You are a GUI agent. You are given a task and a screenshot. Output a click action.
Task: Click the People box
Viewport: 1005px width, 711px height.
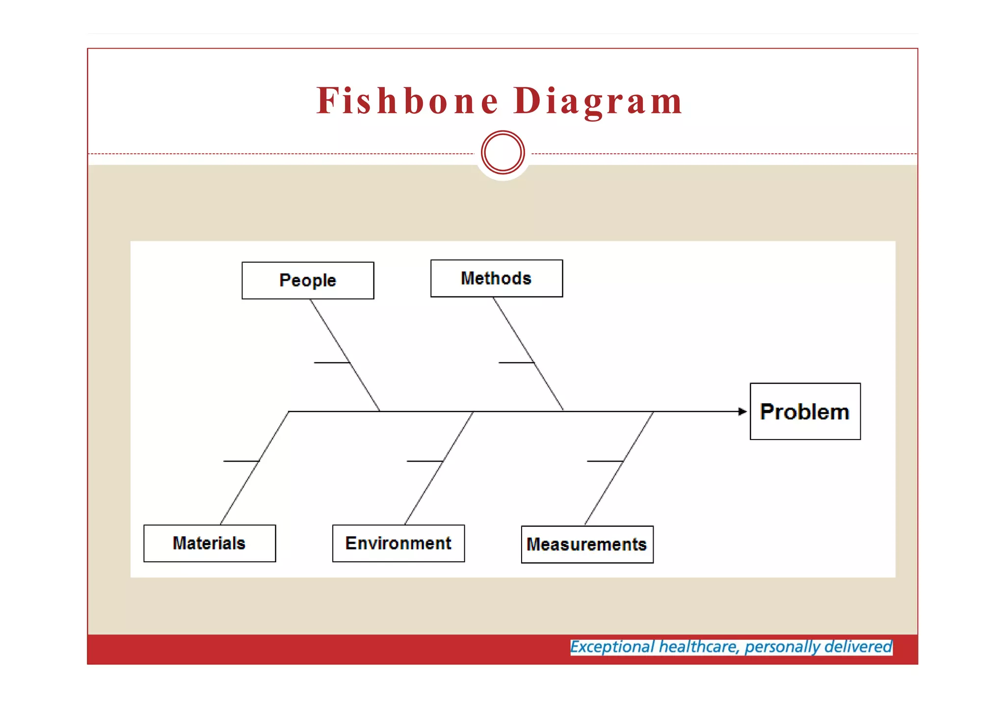tap(308, 280)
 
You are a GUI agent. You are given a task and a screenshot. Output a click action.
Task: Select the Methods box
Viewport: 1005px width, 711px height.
tap(496, 278)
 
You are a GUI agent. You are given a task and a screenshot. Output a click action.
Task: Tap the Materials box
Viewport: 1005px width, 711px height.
tap(210, 543)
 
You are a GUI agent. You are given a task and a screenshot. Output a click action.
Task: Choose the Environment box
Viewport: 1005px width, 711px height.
tap(398, 543)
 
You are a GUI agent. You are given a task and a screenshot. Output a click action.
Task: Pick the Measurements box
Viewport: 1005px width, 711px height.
tap(587, 544)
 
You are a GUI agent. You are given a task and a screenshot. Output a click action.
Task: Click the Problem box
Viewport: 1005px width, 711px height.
tap(805, 411)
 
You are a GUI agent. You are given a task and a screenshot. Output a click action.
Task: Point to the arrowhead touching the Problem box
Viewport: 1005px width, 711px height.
tap(742, 411)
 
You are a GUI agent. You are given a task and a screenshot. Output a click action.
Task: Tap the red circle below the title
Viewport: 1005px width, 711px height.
tap(503, 152)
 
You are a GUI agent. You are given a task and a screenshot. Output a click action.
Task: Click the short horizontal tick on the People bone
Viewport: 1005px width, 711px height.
tap(331, 362)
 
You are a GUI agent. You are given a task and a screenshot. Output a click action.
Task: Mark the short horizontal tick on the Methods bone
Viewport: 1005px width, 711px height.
tap(516, 362)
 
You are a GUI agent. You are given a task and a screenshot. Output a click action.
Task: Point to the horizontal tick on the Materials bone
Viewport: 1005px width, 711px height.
tap(240, 461)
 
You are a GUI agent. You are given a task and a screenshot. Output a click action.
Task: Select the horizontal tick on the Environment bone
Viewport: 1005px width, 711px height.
tap(424, 461)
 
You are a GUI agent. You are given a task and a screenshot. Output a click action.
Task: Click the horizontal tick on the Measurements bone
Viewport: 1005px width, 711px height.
tap(605, 461)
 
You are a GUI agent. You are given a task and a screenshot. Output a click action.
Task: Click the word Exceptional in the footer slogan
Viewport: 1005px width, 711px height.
tap(612, 647)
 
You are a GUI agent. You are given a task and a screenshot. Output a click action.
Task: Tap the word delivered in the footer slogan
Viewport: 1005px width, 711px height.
tap(858, 647)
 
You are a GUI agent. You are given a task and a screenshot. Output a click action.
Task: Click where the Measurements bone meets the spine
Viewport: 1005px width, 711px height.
tap(653, 411)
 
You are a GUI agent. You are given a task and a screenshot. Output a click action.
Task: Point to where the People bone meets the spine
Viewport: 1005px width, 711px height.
tap(379, 411)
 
